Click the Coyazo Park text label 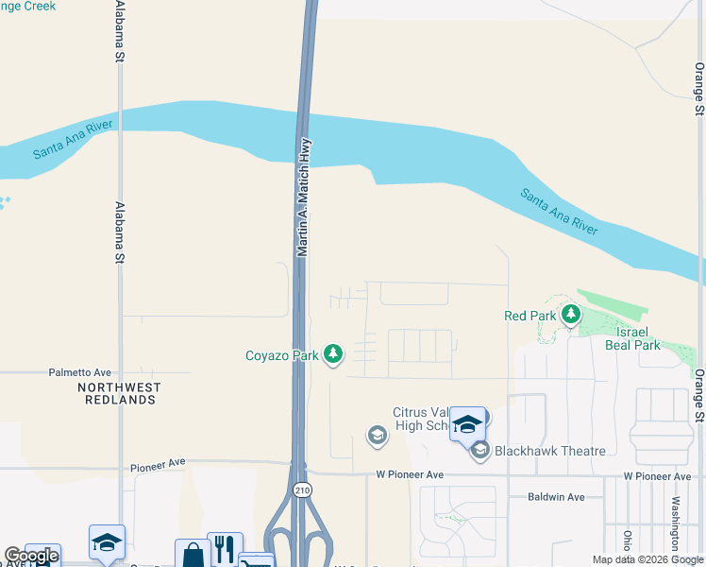click(282, 355)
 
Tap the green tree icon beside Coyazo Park click(332, 354)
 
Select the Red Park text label click(529, 316)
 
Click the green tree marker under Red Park click(570, 314)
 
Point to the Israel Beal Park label click(633, 339)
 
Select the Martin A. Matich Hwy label click(304, 198)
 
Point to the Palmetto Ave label click(80, 372)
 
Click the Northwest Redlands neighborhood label click(120, 393)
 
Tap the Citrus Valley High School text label click(429, 419)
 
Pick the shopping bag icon click(193, 555)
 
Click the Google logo click(30, 557)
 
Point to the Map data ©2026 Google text click(647, 559)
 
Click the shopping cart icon click(255, 561)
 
